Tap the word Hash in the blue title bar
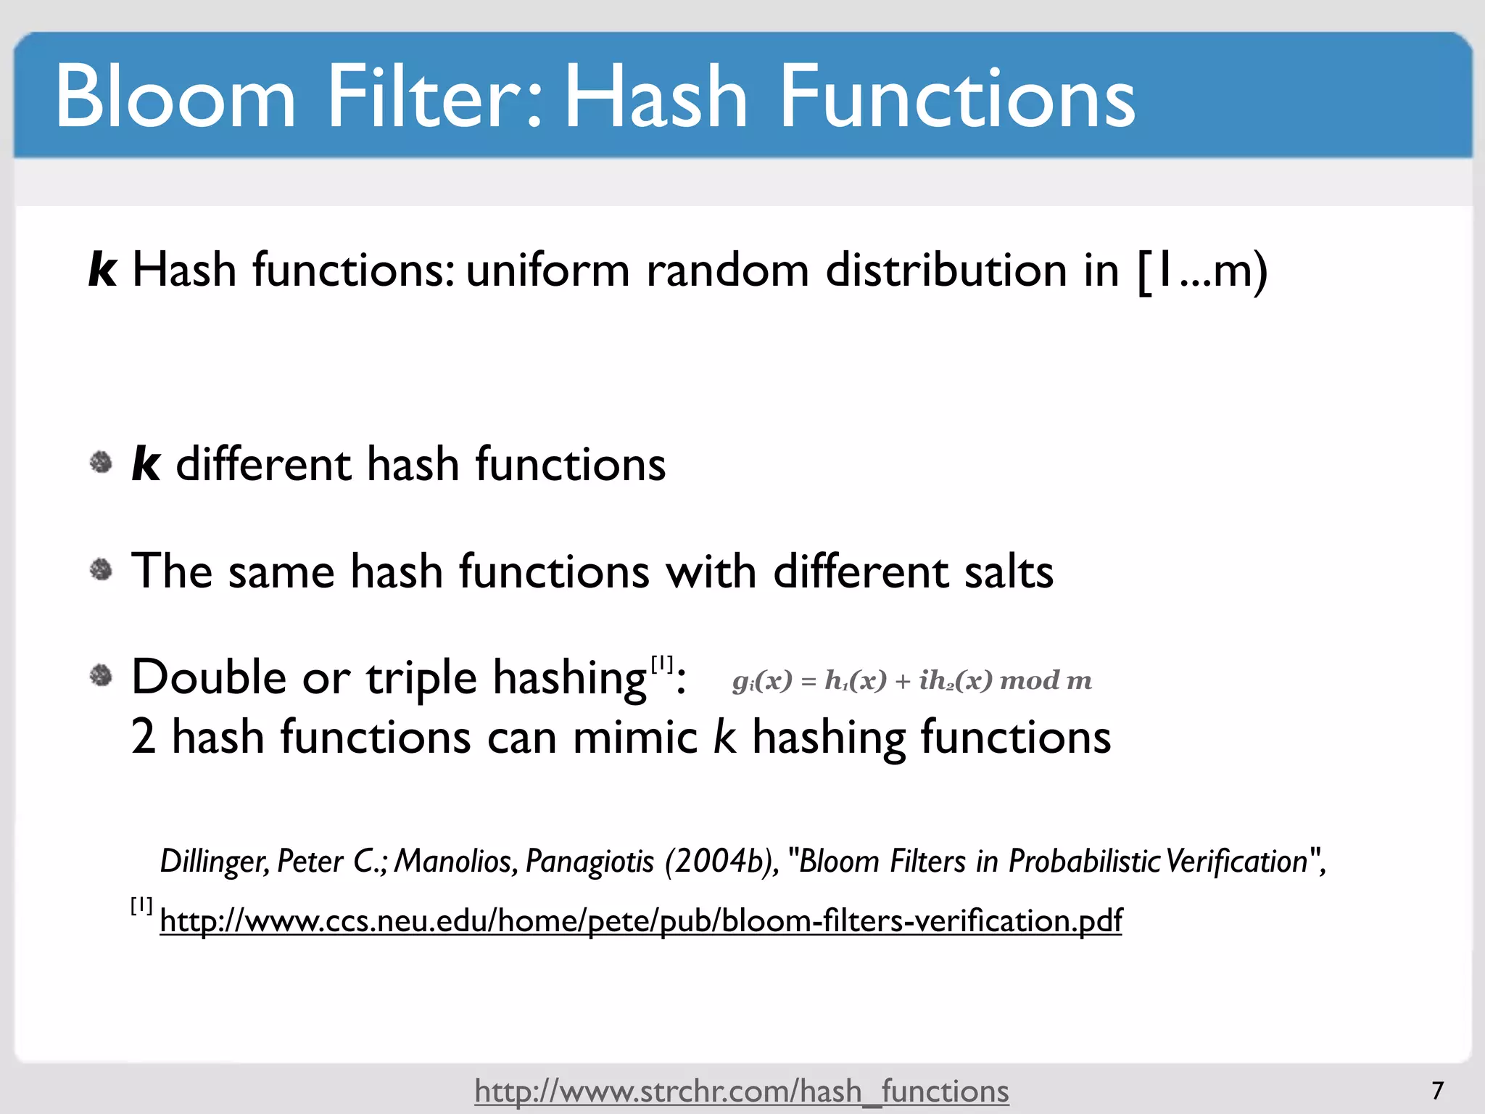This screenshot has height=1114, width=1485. coord(654,96)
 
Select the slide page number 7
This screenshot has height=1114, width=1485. coord(1437,1090)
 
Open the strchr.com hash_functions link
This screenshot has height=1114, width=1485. coord(741,1091)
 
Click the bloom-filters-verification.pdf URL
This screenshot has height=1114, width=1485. coord(640,921)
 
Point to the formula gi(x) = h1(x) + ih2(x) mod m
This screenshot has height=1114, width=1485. coord(911,680)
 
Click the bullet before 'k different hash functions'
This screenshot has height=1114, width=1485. coord(101,463)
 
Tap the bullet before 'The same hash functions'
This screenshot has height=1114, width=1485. coord(101,570)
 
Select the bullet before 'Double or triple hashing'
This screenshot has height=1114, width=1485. coord(101,676)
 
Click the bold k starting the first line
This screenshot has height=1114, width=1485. coord(102,270)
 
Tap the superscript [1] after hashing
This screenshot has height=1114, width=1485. coord(661,664)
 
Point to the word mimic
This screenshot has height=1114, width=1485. coord(634,738)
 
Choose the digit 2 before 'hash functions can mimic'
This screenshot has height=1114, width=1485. coord(144,738)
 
